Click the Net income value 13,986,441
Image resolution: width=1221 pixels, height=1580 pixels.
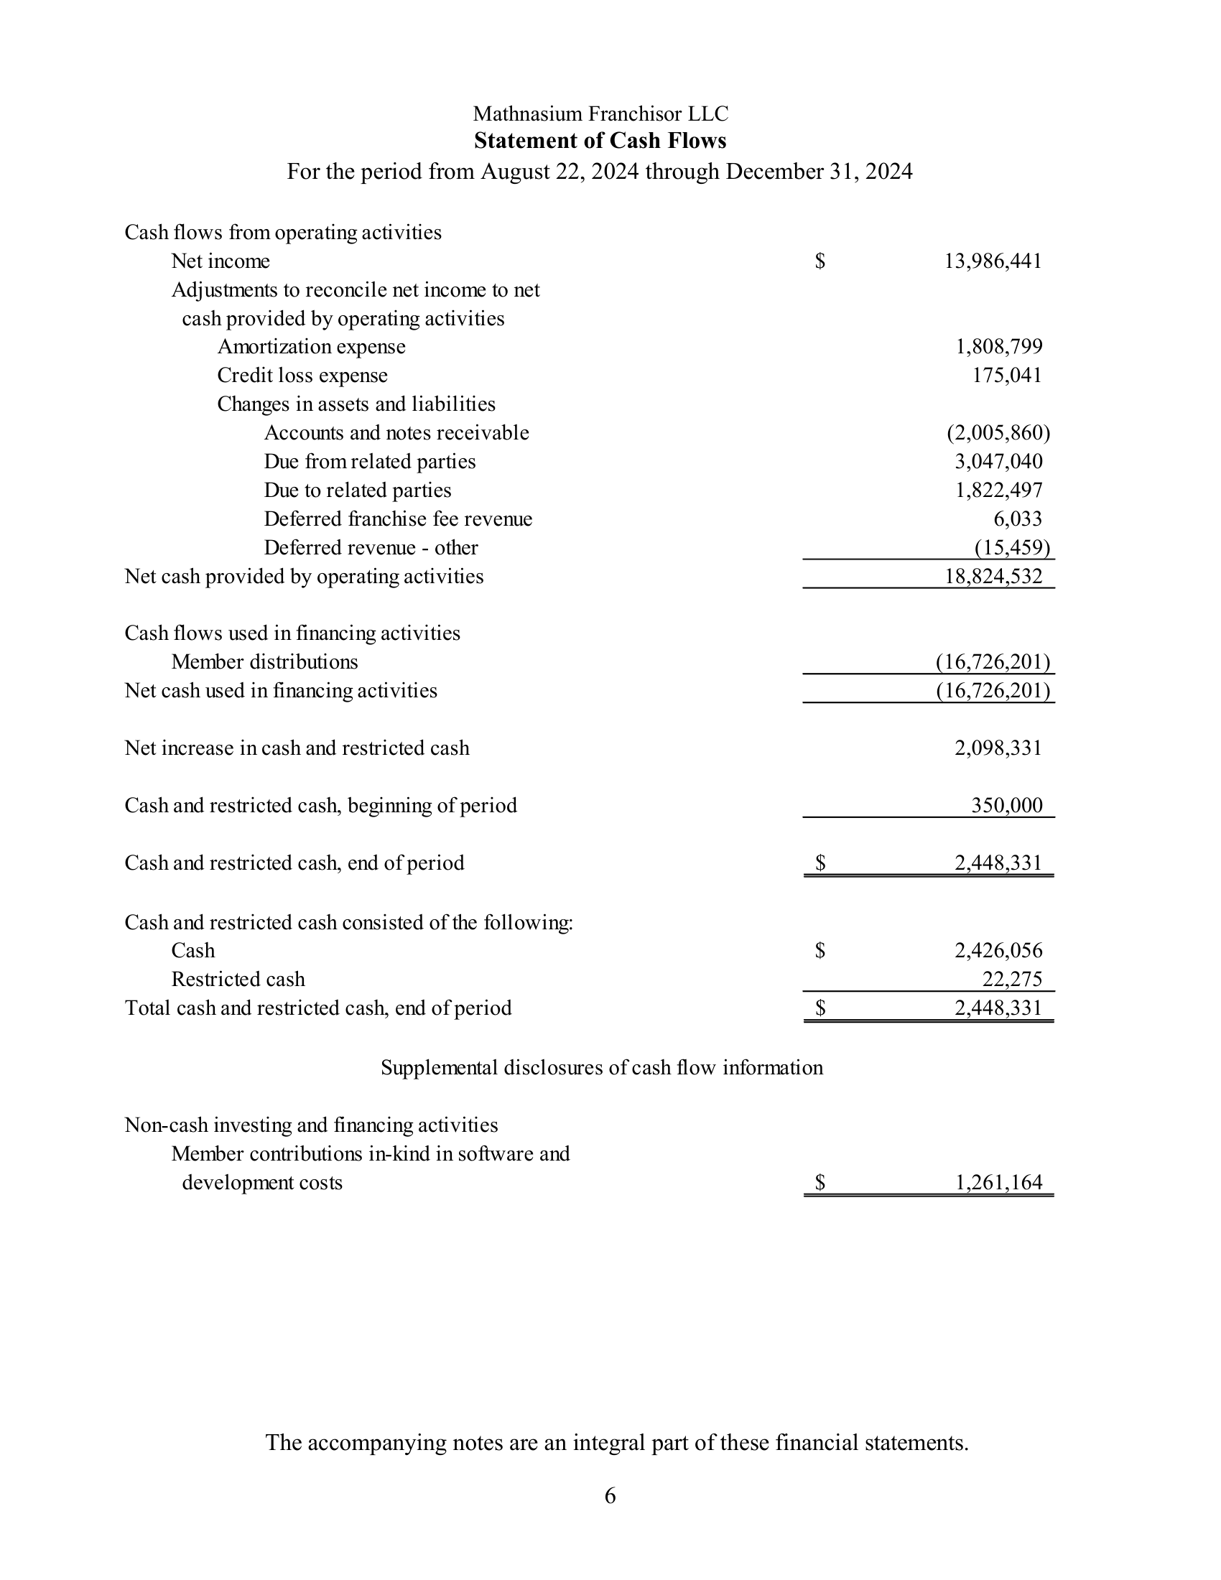pyautogui.click(x=993, y=261)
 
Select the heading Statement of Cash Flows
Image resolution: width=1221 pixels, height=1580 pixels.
pyautogui.click(x=600, y=140)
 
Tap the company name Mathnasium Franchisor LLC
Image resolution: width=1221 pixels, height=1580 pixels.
pyautogui.click(x=600, y=113)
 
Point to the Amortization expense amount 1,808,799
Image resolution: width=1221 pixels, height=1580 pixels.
pyautogui.click(x=999, y=347)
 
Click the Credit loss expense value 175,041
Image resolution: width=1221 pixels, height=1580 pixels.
pyautogui.click(x=1006, y=376)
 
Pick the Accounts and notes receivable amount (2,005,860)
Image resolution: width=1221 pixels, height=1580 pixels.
pyautogui.click(x=998, y=432)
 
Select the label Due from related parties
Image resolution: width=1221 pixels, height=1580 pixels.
pyautogui.click(x=370, y=462)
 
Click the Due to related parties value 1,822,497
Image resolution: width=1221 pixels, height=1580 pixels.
pyautogui.click(x=999, y=491)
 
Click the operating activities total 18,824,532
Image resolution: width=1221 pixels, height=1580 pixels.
pyautogui.click(x=993, y=577)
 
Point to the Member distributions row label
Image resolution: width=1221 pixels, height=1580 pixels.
pyautogui.click(x=264, y=662)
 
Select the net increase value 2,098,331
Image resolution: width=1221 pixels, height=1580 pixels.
pyautogui.click(x=998, y=748)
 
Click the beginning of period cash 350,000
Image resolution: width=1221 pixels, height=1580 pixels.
pyautogui.click(x=1006, y=806)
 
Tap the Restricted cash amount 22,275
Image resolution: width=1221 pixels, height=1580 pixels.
pyautogui.click(x=1011, y=980)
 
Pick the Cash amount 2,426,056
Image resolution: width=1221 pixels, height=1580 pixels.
pyautogui.click(x=998, y=951)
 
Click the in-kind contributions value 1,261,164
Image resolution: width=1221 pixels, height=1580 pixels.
pyautogui.click(x=999, y=1183)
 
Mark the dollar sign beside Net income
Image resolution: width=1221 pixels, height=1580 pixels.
pyautogui.click(x=820, y=261)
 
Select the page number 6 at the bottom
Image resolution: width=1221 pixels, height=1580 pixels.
pyautogui.click(x=610, y=1495)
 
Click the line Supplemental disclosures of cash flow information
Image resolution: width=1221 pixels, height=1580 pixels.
pyautogui.click(x=601, y=1068)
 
